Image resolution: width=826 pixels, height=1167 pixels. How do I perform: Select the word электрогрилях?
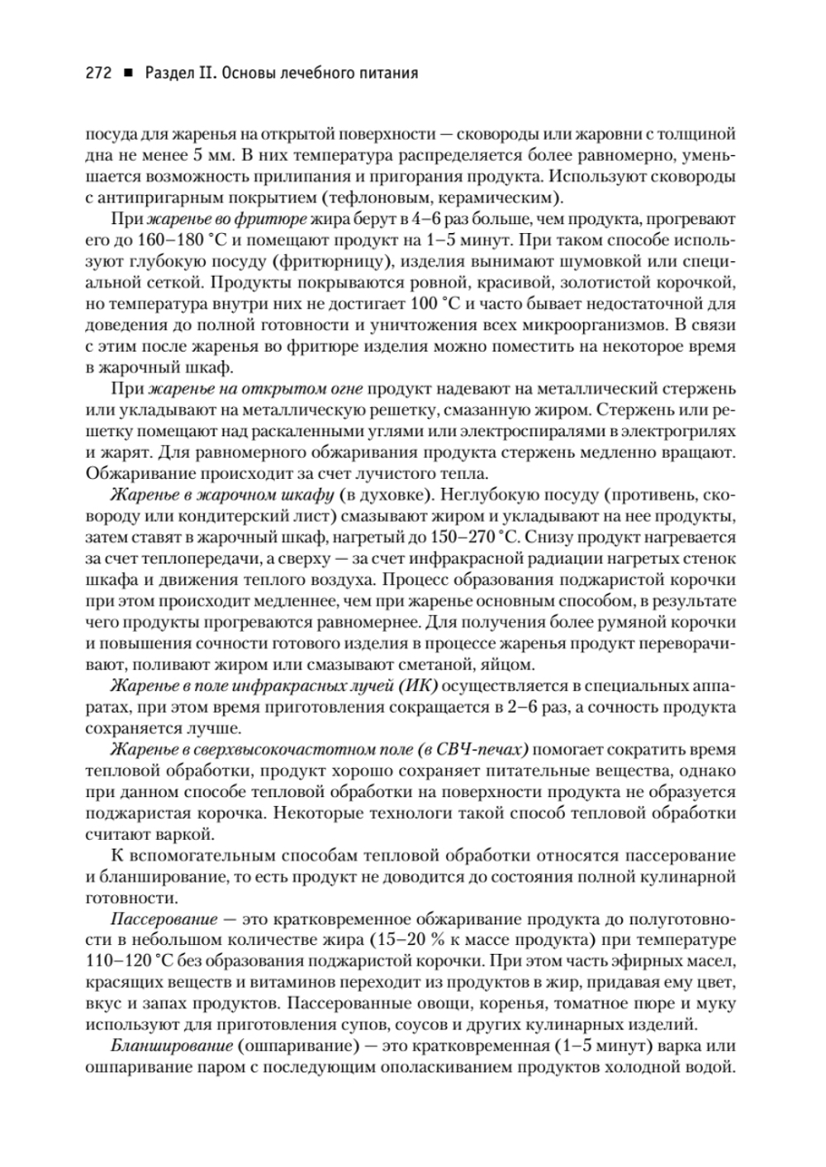tap(682, 430)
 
